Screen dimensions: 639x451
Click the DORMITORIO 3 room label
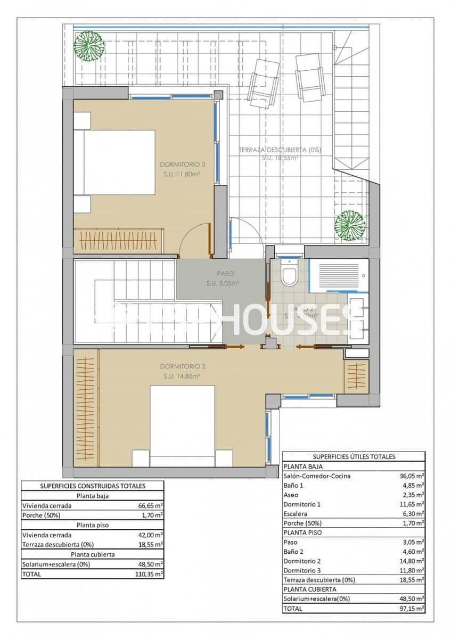coord(183,165)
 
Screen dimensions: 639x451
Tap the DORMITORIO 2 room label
coord(183,366)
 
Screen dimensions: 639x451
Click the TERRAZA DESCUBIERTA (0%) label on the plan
coord(280,150)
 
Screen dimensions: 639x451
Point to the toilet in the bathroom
coord(289,274)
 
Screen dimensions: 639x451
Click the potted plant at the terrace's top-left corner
coord(88,45)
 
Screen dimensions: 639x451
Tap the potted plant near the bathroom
coord(350,225)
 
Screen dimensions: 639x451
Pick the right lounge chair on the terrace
coord(310,77)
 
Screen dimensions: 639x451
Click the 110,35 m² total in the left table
coord(151,575)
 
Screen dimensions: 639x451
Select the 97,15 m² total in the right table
coord(412,608)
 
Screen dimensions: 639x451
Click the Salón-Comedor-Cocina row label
coord(317,476)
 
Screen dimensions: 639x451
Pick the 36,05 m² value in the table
coord(412,476)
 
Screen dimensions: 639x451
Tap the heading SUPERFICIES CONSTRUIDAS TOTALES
coord(93,486)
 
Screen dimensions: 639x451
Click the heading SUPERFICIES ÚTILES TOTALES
coord(354,456)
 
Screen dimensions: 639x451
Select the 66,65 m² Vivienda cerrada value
coord(151,505)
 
